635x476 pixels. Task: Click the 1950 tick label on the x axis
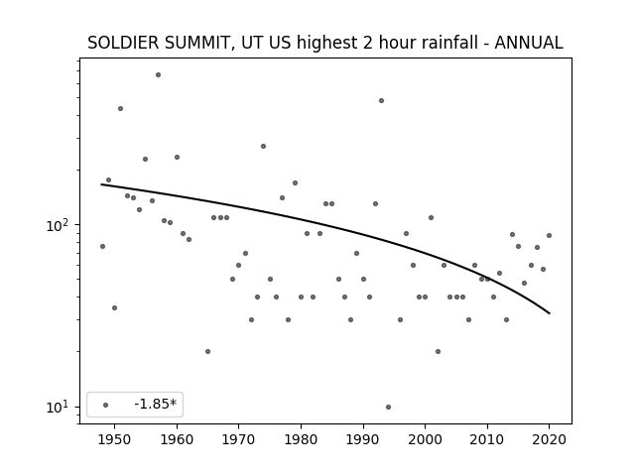tap(115, 440)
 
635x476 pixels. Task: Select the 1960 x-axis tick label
tap(177, 440)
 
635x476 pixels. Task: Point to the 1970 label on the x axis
tap(238, 440)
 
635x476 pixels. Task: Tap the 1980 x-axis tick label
tap(301, 440)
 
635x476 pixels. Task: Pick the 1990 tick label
tap(363, 440)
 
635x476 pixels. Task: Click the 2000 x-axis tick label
tap(425, 440)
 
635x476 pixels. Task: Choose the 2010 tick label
tap(487, 440)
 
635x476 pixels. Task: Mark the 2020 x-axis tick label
tap(549, 440)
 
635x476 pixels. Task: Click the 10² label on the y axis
tap(60, 225)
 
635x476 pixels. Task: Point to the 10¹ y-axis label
tap(60, 407)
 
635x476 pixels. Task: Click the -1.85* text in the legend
tap(156, 404)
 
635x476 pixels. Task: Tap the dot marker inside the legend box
tap(106, 405)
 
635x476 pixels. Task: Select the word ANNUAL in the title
tap(529, 43)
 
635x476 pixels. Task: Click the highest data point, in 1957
tap(159, 75)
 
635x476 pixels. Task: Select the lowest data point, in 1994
tap(388, 407)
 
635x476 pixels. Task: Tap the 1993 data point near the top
tap(381, 101)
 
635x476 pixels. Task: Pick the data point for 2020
tap(549, 236)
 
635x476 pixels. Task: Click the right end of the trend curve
tap(549, 313)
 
